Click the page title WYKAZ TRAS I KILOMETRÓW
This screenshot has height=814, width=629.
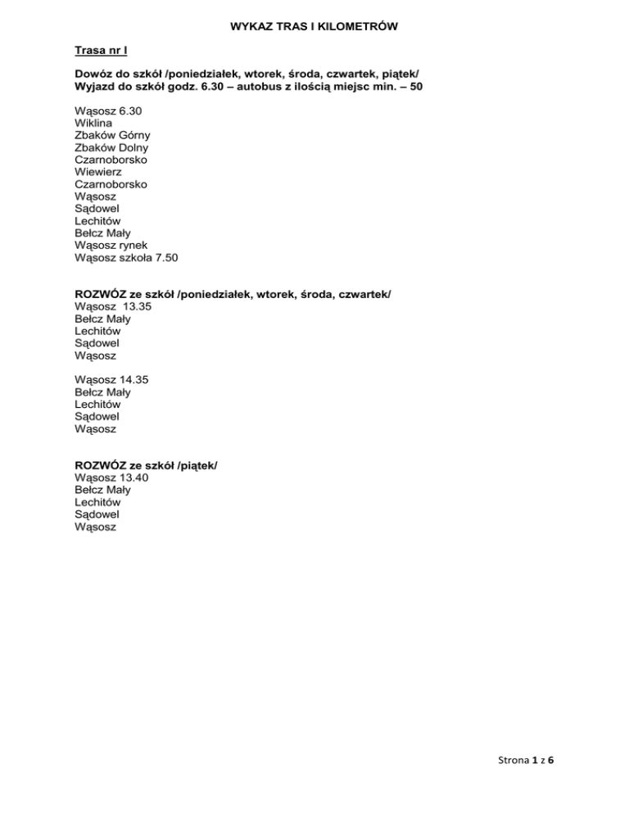[314, 27]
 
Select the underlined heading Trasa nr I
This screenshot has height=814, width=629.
[101, 51]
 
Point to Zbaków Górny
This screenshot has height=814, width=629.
[112, 135]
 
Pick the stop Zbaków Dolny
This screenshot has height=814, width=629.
[111, 147]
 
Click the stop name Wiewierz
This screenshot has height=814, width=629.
[98, 172]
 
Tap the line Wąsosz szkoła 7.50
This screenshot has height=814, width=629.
[126, 257]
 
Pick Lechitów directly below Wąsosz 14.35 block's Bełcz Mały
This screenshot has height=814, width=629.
[97, 405]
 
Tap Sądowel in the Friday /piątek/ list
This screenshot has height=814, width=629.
[97, 514]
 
